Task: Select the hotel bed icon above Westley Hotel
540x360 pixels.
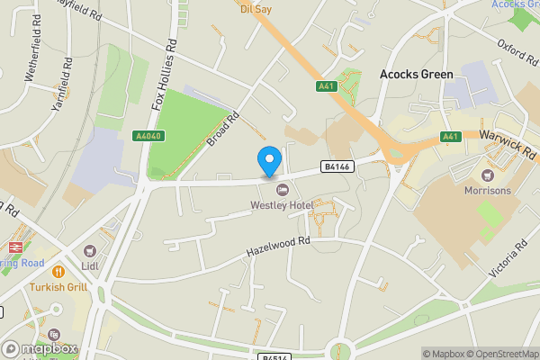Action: click(282, 190)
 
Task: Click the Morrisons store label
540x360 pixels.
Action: click(487, 191)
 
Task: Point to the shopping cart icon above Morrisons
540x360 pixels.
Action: click(488, 175)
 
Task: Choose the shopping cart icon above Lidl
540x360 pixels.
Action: click(89, 252)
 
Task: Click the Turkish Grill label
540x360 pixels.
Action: click(58, 286)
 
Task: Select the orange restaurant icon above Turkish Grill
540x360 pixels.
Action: click(58, 270)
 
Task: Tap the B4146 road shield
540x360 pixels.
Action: click(337, 166)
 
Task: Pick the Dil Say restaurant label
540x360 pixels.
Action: click(256, 9)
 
